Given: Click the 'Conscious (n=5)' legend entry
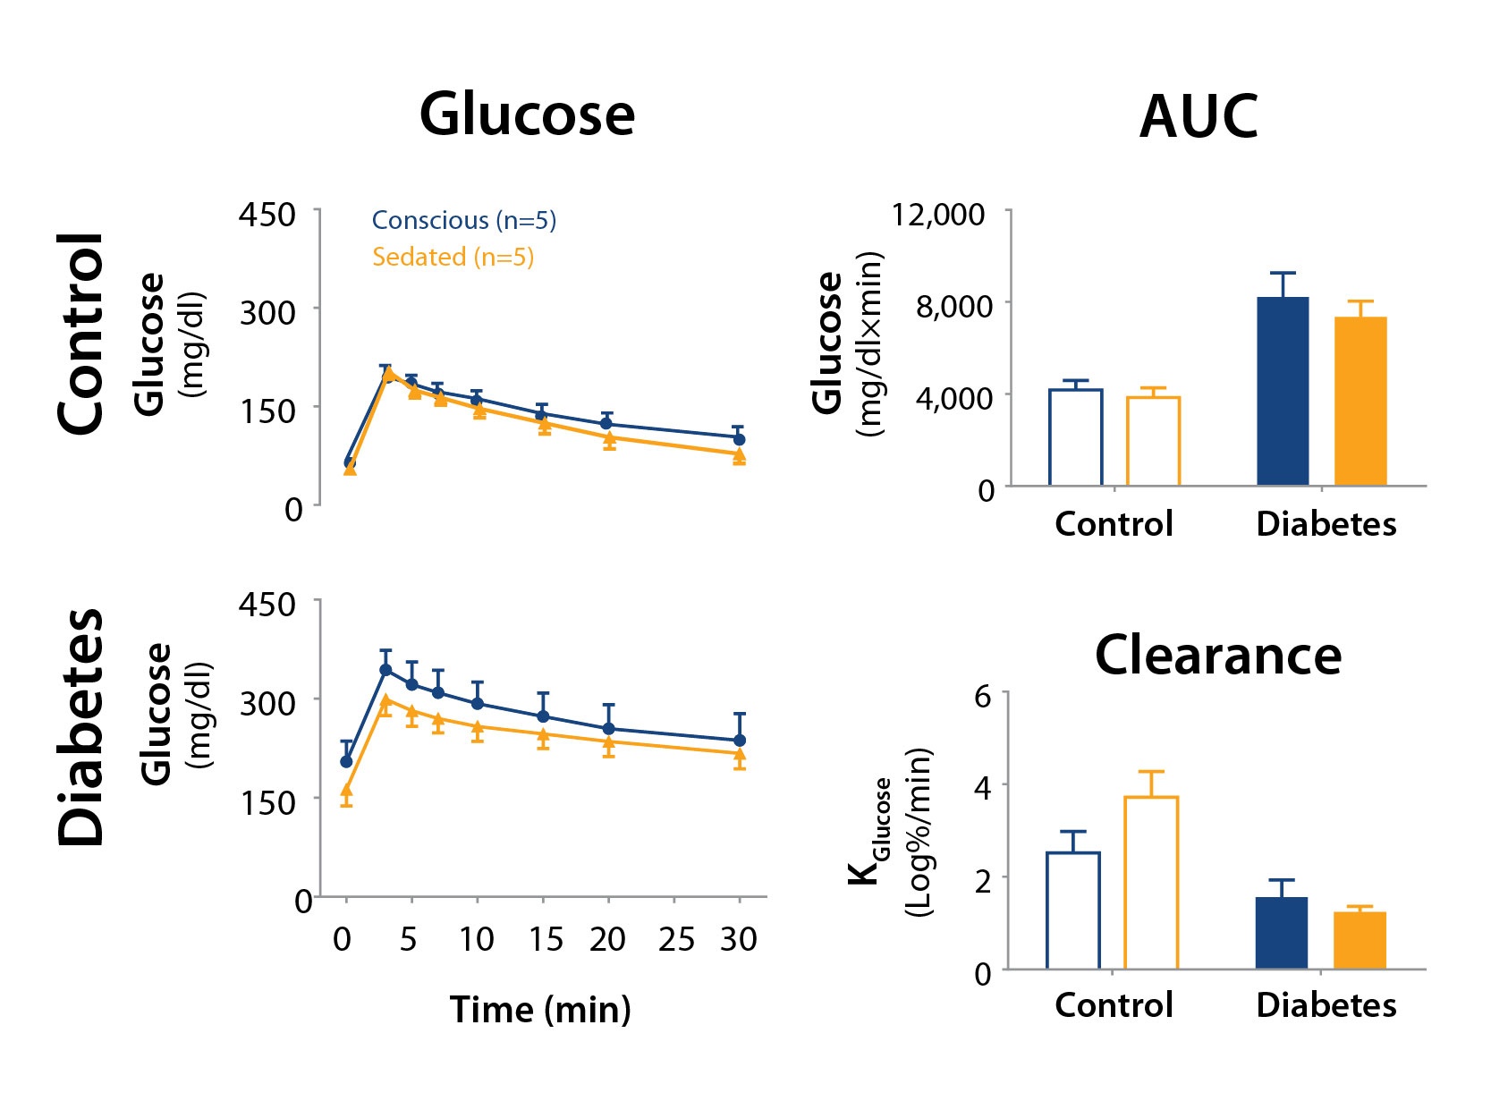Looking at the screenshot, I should point(463,220).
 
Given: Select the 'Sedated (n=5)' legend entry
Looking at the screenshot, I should point(453,257).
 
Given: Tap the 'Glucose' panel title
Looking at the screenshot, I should point(527,114).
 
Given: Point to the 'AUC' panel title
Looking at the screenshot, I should point(1199,117).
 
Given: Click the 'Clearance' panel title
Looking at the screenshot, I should point(1217,655).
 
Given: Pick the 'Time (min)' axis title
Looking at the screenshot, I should point(540,1009).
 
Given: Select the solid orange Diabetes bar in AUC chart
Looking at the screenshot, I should point(1360,402).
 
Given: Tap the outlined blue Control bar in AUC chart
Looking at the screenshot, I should point(1075,437).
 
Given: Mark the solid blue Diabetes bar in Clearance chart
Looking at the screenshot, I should point(1282,933).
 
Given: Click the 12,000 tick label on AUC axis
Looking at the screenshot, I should point(937,215).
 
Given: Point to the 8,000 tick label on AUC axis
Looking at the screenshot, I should point(953,306).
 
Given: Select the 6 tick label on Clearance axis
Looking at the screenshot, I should point(982,695).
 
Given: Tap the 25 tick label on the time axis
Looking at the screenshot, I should point(676,939).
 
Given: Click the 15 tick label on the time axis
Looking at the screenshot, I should point(545,939).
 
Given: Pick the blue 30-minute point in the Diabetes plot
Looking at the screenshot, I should point(740,741).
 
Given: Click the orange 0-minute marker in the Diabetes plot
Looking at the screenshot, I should point(346,791).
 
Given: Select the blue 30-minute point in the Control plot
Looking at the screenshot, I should point(739,439).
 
